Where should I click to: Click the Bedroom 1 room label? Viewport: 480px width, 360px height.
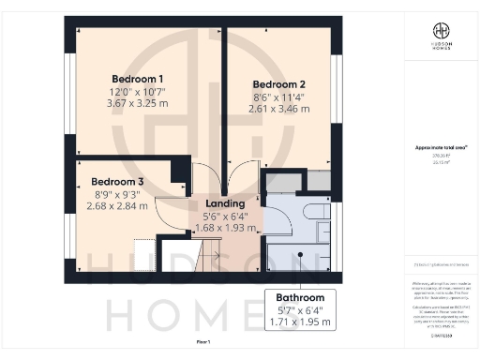coord(138,78)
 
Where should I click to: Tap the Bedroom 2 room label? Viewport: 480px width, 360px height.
coord(279,84)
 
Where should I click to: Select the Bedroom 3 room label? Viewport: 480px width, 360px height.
coord(117,182)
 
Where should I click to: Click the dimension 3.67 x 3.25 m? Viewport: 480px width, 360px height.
coord(138,104)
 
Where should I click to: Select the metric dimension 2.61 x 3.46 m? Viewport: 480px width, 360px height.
coord(279,110)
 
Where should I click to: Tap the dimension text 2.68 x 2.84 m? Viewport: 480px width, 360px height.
coord(117,206)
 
